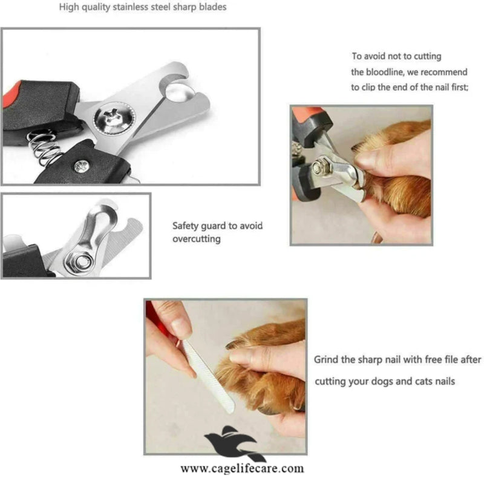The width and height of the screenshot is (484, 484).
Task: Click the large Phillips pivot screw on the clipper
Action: pyautogui.click(x=114, y=117)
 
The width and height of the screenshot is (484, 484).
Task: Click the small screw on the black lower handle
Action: pyautogui.click(x=82, y=166)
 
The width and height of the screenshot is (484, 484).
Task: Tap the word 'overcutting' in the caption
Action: pyautogui.click(x=196, y=239)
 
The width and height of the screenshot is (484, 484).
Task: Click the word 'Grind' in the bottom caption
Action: pyautogui.click(x=326, y=359)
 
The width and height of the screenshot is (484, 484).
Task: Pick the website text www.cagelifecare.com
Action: pyautogui.click(x=243, y=468)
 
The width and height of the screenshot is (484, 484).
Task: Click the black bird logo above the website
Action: pyautogui.click(x=234, y=443)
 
